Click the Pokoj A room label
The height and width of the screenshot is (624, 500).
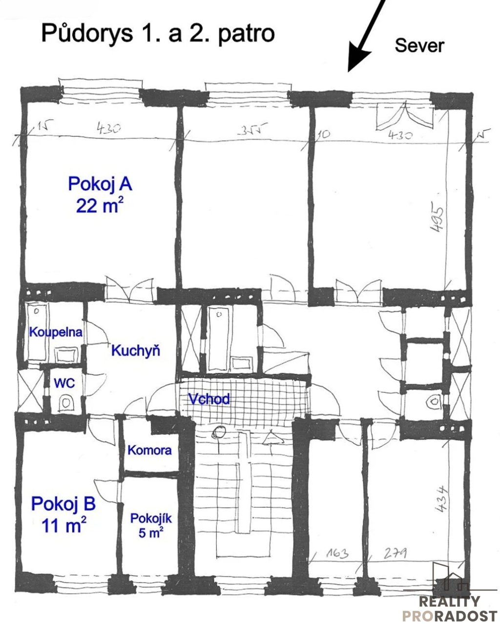100,184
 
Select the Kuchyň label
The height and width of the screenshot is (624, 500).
136,350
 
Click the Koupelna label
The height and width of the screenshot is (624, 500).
56,332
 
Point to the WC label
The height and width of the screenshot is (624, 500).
64,383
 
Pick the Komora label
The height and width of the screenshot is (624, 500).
149,450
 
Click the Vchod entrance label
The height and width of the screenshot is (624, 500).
209,399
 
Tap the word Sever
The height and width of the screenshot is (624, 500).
419,45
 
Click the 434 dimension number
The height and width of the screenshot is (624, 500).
441,498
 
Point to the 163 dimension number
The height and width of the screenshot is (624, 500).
337,554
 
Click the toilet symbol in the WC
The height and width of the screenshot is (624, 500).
66,403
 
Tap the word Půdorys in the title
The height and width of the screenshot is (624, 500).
87,34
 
